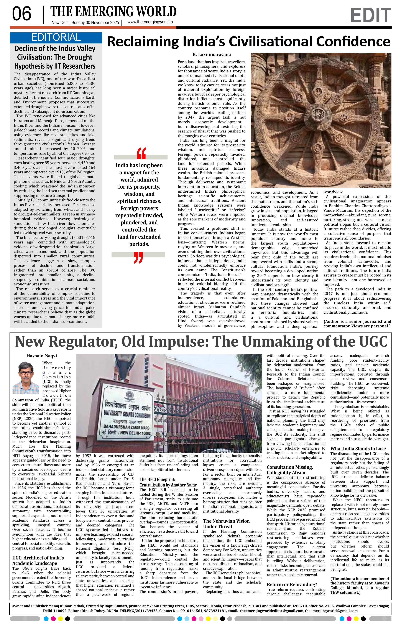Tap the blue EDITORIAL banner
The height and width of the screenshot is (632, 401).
(x=56, y=38)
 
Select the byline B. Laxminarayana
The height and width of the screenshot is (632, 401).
(x=212, y=55)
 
